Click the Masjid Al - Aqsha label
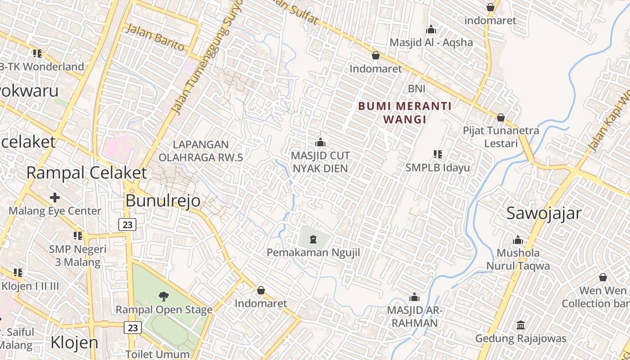click(431, 42)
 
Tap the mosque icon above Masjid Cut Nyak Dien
click(320, 143)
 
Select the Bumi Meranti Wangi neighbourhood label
click(405, 112)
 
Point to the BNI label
click(416, 89)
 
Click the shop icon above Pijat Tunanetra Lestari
click(500, 117)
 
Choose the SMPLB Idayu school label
click(437, 167)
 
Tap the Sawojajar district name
click(544, 213)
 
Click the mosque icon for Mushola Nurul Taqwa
click(518, 240)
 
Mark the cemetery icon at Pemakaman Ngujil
click(313, 239)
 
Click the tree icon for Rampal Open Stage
click(164, 296)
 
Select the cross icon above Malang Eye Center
click(55, 197)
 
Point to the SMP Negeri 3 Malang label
click(78, 256)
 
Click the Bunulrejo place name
click(163, 201)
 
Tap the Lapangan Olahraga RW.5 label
click(201, 151)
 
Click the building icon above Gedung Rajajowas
click(521, 325)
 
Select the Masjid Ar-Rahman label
click(414, 317)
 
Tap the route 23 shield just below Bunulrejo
click(128, 225)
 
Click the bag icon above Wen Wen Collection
click(603, 277)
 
